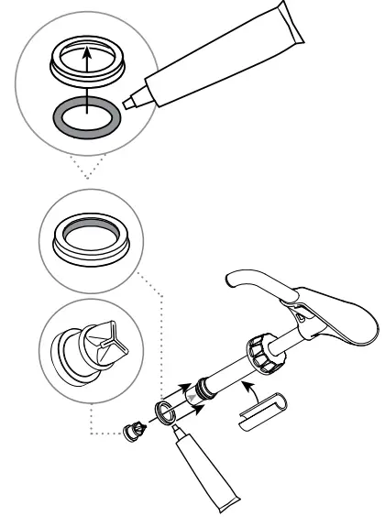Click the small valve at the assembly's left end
135,428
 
